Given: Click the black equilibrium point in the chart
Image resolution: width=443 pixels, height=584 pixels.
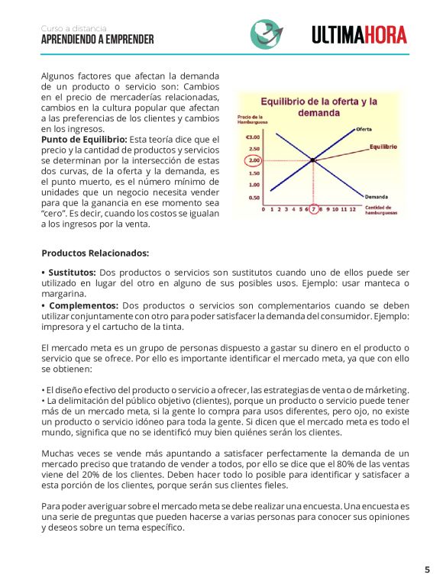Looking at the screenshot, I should coord(313,160).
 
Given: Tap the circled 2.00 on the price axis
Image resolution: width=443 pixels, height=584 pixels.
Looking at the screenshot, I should coord(254,160).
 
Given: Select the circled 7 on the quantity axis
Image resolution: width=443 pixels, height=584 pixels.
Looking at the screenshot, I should coord(313,208).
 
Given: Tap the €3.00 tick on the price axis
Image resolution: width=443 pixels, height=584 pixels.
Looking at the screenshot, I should coord(253,137).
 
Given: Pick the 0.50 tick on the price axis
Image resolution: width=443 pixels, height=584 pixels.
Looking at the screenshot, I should coord(254,197).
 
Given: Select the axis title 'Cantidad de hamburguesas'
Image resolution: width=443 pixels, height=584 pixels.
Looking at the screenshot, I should coord(380,210).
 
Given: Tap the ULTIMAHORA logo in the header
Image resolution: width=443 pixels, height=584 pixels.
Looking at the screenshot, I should coord(359,34).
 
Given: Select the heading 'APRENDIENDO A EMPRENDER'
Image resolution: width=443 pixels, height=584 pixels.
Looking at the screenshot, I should coord(97,40).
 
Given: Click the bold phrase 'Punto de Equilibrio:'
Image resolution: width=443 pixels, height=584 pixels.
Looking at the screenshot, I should coord(84,140).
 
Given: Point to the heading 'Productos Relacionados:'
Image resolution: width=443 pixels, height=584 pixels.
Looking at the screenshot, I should coord(95,253).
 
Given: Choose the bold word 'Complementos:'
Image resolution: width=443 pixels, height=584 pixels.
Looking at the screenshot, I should coord(79,305).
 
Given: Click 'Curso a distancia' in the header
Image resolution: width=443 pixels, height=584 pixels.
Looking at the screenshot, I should coord(74,28).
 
